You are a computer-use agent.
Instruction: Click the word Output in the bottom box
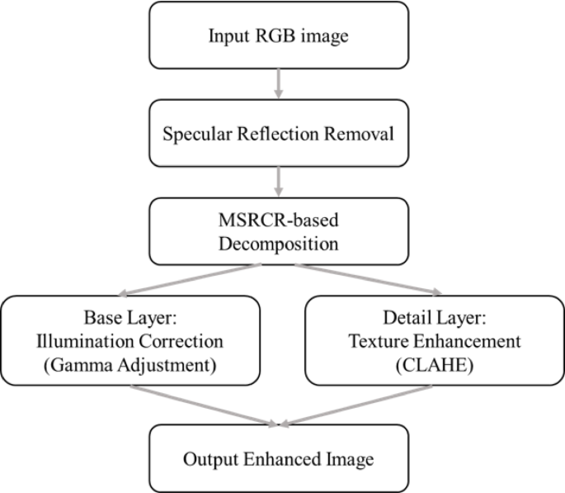pyautogui.click(x=209, y=458)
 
